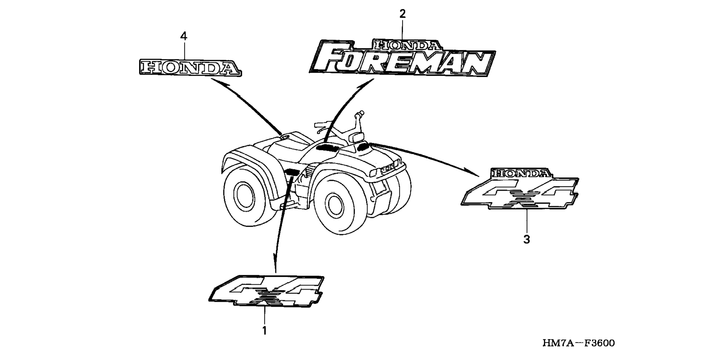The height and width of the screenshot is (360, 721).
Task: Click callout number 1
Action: coord(264,331)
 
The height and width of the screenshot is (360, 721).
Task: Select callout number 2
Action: coord(402,14)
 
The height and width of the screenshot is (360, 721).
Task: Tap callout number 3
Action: coord(526,239)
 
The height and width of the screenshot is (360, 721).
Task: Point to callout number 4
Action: coord(183,36)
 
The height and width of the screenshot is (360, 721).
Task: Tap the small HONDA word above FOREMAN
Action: coord(407,46)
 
